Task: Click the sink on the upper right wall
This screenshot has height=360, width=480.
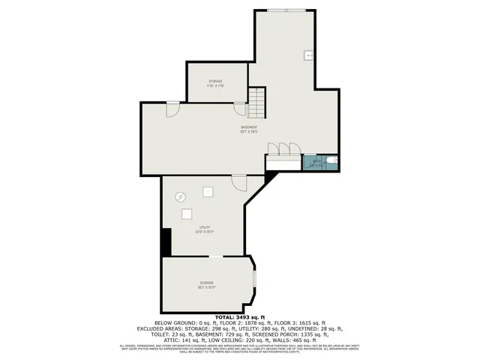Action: click(308, 55)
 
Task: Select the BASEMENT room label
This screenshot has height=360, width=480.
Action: click(249, 128)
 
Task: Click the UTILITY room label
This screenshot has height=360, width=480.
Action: click(205, 227)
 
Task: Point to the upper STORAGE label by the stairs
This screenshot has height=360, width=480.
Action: click(215, 81)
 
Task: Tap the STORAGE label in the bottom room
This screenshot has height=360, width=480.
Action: click(206, 283)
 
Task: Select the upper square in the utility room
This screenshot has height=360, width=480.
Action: click(206, 192)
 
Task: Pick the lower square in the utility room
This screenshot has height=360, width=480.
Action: click(186, 214)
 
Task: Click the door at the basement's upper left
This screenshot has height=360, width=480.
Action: click(172, 108)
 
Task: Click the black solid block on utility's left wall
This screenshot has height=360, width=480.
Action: click(166, 241)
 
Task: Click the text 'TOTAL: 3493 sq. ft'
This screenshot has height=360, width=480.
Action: click(240, 318)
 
